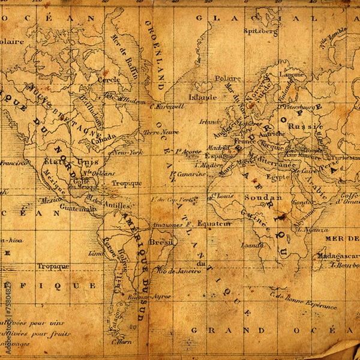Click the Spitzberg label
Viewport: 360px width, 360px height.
pyautogui.click(x=261, y=29)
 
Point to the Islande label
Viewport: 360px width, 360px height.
pyautogui.click(x=203, y=96)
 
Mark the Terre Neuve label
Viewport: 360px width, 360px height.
pyautogui.click(x=161, y=131)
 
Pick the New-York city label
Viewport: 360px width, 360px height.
pyautogui.click(x=128, y=153)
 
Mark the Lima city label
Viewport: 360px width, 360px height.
pyautogui.click(x=96, y=253)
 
